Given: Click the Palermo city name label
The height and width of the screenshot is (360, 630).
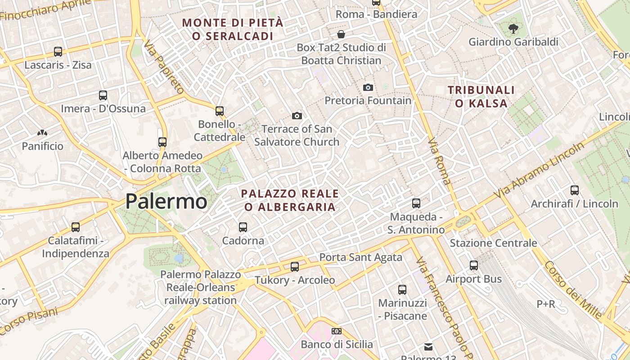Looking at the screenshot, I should (166, 201).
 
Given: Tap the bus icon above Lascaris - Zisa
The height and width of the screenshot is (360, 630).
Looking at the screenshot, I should (58, 52).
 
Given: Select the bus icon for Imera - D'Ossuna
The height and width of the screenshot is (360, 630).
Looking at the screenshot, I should (103, 95).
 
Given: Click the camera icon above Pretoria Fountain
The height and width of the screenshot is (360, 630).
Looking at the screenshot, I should (368, 87).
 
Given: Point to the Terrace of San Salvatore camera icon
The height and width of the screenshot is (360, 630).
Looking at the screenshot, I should (297, 116).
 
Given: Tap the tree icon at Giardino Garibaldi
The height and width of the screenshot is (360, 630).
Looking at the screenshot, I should (513, 29).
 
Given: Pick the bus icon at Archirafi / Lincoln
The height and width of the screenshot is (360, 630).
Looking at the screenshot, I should (574, 190).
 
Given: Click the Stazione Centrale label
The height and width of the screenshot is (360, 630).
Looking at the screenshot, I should (493, 243).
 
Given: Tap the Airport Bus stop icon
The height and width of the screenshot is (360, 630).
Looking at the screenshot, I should (473, 265).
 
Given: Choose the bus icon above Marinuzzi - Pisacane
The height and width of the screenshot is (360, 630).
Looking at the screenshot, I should (402, 290).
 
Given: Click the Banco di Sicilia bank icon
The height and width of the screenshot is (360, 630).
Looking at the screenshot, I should (337, 331).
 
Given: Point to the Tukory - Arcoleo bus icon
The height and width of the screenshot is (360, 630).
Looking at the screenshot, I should (295, 267).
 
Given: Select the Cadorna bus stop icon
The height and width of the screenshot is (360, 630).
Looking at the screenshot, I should (243, 227).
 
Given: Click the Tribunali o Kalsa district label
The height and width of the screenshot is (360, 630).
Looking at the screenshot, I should (481, 97).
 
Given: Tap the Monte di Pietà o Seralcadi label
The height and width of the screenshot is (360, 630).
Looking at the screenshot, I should (233, 29).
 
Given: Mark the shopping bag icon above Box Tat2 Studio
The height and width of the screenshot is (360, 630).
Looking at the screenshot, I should (341, 34).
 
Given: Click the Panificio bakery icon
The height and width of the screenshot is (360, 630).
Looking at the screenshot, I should (42, 133).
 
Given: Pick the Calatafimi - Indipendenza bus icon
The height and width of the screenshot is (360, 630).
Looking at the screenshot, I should (76, 227).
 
